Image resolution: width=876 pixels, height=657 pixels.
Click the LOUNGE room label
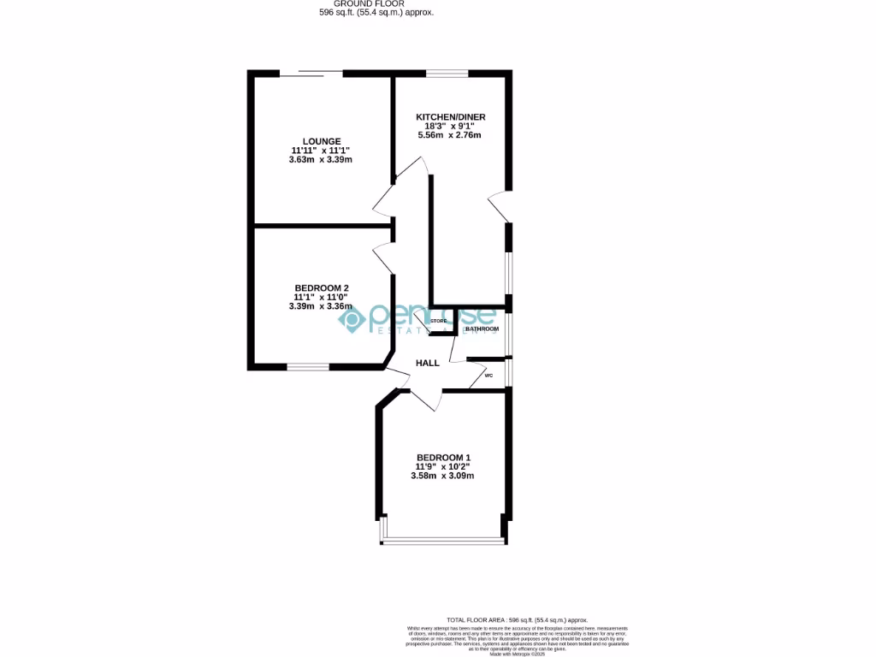[x=322, y=141]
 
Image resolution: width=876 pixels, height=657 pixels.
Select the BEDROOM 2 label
[x=321, y=287]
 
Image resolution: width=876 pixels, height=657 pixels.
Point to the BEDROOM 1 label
[x=443, y=457]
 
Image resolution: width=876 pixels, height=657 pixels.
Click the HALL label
[x=428, y=363]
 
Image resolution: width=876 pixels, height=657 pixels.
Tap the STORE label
[x=439, y=321]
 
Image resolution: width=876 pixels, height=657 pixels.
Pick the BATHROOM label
[x=482, y=328]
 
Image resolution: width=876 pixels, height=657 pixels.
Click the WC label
[x=489, y=375]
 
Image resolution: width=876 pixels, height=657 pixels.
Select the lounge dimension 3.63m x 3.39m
[x=322, y=160]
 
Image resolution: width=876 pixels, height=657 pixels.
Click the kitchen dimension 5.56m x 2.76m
[x=448, y=135]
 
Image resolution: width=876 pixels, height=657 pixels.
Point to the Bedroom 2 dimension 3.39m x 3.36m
[x=321, y=306]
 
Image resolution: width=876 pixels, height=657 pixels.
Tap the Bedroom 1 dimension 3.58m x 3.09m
[x=443, y=476]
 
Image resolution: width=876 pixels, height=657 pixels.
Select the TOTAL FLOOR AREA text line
[x=518, y=619]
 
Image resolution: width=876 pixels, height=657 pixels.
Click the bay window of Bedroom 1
[x=443, y=540]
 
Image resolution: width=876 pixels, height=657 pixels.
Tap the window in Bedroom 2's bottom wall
[x=308, y=368]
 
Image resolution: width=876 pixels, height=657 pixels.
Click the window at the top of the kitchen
[x=447, y=74]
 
